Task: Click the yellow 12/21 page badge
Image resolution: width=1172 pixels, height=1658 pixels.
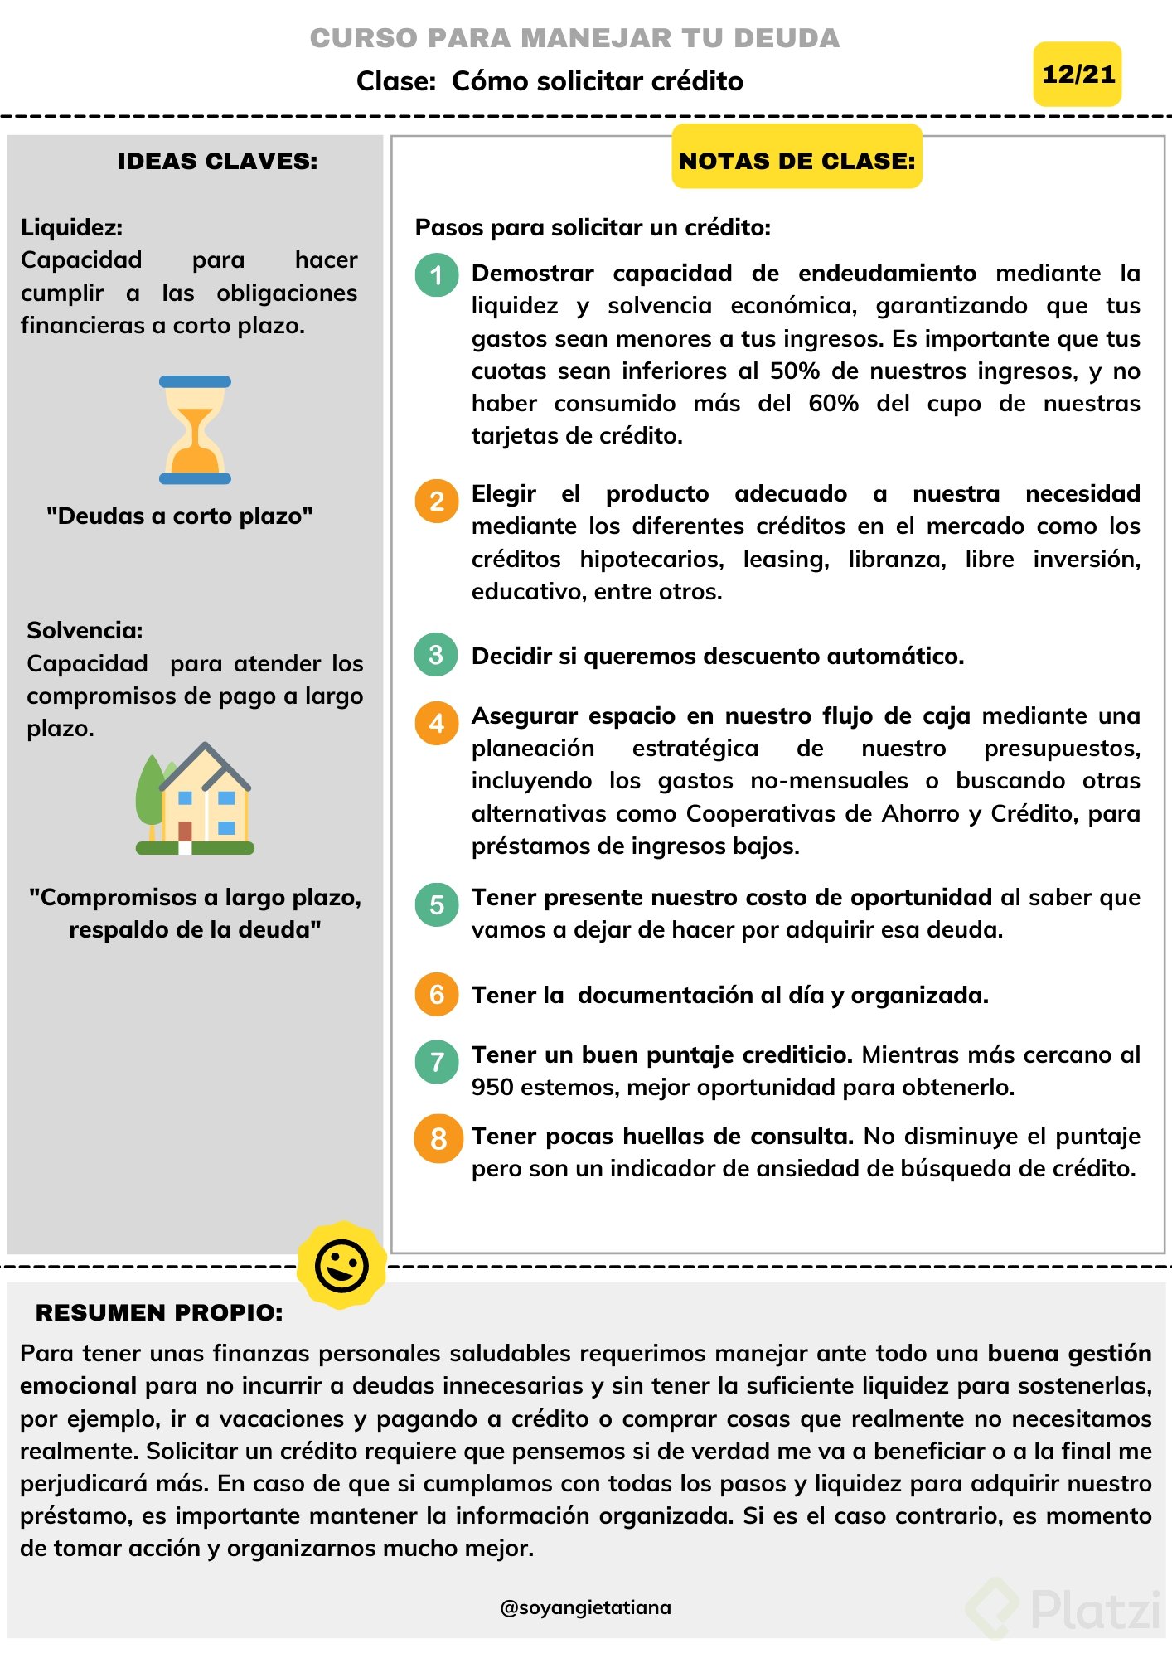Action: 1077,75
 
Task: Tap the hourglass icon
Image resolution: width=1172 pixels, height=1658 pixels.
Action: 195,429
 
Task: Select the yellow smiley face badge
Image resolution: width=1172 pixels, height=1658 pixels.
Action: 341,1265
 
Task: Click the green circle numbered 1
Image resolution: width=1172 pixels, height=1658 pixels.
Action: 436,275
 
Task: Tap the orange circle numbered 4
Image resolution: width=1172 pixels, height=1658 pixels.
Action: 436,723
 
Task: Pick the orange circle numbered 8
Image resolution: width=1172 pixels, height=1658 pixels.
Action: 438,1138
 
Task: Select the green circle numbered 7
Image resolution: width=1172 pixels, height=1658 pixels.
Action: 437,1061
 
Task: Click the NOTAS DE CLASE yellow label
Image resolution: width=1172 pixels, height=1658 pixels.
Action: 797,160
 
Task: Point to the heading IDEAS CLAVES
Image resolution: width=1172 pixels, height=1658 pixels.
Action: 217,161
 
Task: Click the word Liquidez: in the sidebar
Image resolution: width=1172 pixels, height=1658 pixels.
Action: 72,227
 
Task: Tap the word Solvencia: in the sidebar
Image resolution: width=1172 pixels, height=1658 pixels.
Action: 85,630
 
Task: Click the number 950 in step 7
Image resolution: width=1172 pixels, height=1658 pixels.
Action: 492,1087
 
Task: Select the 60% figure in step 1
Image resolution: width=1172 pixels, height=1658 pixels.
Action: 832,404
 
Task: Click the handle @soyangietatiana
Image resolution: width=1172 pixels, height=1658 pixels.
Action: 585,1607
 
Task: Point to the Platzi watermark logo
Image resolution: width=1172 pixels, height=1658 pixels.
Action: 1066,1609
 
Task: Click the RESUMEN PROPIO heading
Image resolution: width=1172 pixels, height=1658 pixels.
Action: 159,1312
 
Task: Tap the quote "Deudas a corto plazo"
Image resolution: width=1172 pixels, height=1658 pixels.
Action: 180,516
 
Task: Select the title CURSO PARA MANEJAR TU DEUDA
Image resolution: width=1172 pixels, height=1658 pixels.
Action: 574,38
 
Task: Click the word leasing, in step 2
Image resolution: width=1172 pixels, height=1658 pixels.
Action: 786,560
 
